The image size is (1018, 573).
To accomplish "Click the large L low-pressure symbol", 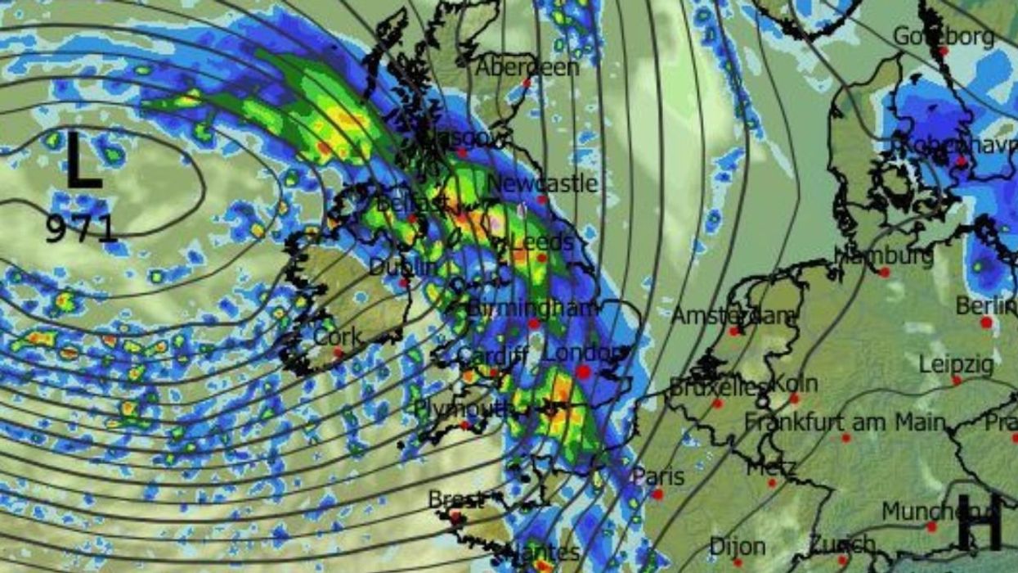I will click(x=83, y=161).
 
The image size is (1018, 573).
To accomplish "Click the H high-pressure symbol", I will click(x=979, y=522).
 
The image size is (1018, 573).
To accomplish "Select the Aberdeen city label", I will click(x=527, y=66).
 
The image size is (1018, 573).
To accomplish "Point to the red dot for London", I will click(x=583, y=372).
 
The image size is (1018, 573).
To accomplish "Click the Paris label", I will click(x=657, y=476).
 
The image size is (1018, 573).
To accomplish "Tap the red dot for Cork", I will click(x=339, y=353).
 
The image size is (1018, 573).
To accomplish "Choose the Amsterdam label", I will click(x=733, y=315).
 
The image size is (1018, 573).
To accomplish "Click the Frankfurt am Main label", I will click(x=845, y=423).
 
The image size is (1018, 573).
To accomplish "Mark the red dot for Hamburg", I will click(x=884, y=272).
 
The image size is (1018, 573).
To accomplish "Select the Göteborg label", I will click(x=944, y=36).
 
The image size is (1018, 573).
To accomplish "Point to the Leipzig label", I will click(x=956, y=363).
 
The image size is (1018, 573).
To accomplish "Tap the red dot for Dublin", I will click(x=404, y=282).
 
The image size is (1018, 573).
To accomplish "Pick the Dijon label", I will click(x=738, y=546).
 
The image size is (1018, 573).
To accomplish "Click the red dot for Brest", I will click(x=455, y=516).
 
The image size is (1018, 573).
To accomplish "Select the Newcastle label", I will click(x=542, y=183).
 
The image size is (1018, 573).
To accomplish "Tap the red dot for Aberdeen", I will click(x=527, y=83).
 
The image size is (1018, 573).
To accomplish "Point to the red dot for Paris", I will click(x=657, y=494).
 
